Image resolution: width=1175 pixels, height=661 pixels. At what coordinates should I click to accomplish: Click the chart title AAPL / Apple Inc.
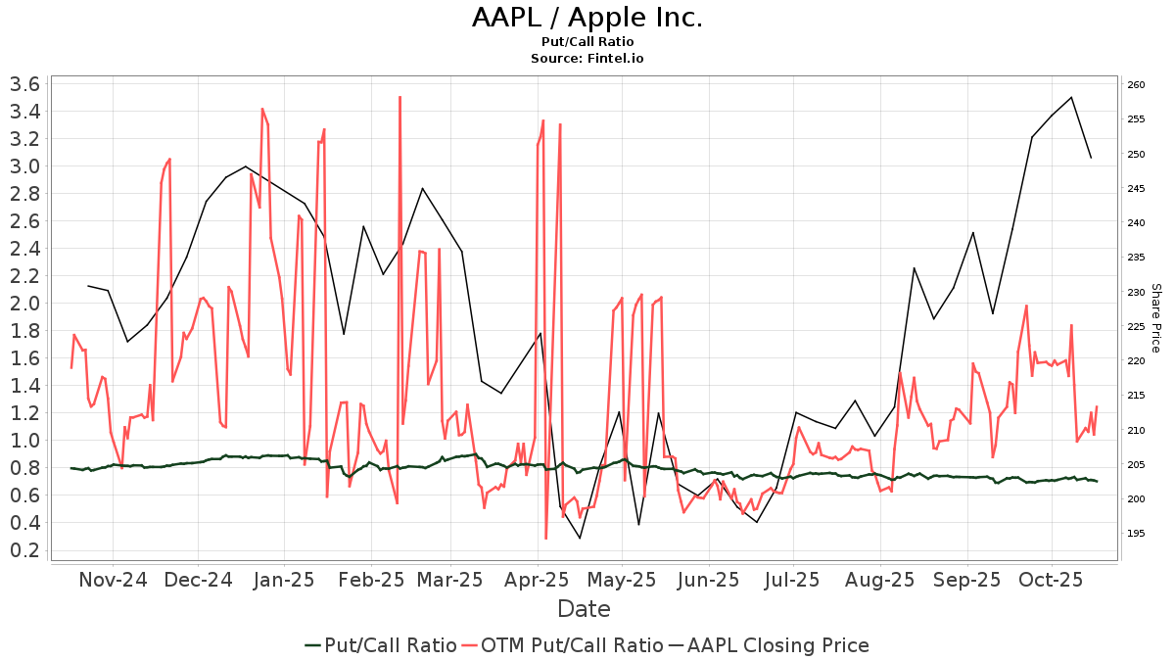587,18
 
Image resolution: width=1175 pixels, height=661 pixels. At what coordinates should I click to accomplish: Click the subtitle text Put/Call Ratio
587,41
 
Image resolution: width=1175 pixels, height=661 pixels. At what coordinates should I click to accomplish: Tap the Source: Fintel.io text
587,58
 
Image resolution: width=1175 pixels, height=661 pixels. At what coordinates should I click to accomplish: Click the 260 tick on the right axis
1136,85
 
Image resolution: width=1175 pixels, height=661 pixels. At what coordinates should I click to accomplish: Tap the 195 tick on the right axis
1136,534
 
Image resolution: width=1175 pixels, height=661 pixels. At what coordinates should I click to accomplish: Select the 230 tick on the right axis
1136,292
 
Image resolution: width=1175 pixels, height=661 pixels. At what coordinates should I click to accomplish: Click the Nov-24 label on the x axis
112,579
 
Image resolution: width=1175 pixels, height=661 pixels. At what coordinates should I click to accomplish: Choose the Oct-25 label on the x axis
1050,579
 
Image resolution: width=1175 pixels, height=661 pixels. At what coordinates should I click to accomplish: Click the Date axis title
584,609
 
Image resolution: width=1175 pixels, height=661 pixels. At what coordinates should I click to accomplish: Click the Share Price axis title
1155,317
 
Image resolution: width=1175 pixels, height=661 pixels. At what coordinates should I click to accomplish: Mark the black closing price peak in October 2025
1072,97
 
